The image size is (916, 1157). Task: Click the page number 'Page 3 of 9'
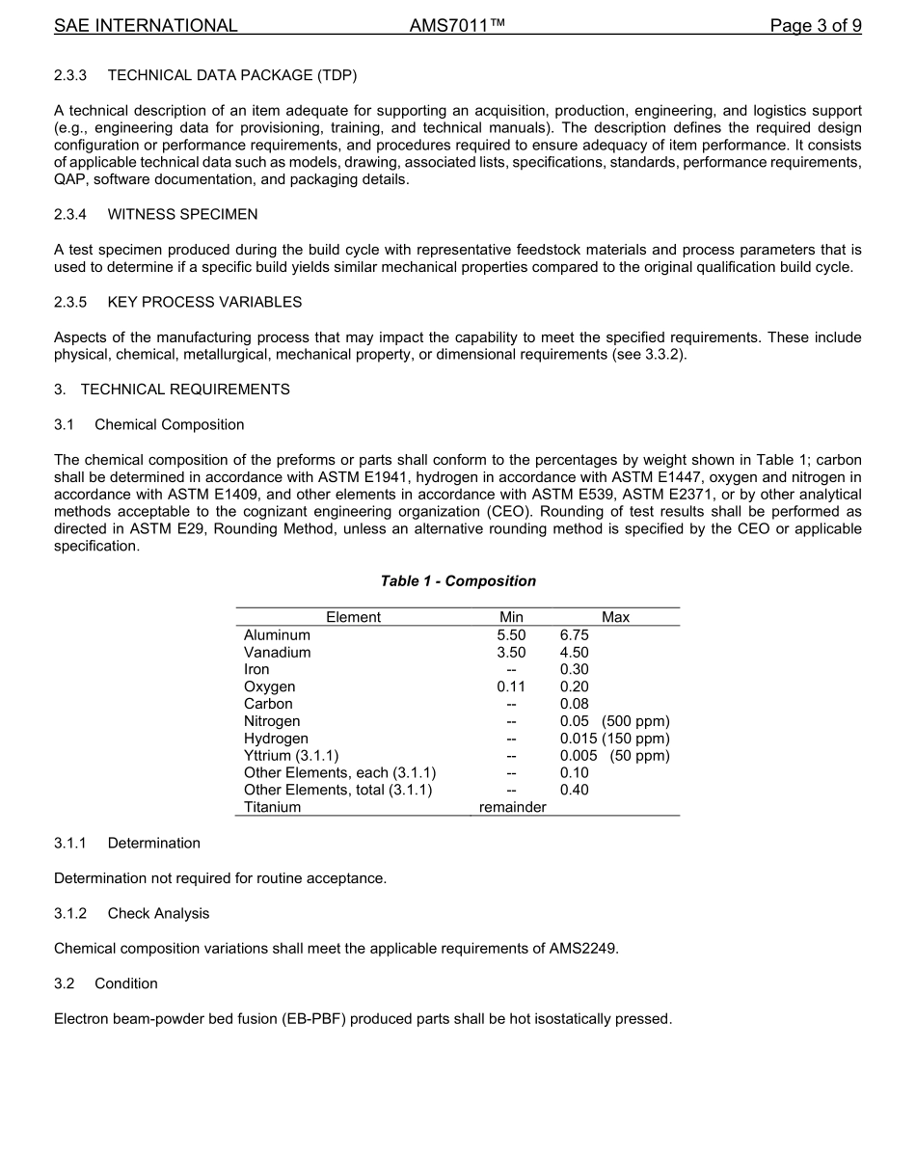(x=815, y=26)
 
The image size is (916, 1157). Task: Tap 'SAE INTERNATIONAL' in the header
(x=146, y=26)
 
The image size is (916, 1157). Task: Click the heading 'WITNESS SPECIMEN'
(x=182, y=214)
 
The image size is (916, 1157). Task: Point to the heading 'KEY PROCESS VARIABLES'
(x=204, y=302)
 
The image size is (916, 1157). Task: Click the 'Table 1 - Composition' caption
(x=458, y=580)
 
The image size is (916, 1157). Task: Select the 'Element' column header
(x=353, y=617)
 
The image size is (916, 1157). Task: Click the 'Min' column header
(x=511, y=617)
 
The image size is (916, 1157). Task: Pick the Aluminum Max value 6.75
(x=574, y=635)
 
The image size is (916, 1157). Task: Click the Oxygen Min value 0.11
(x=511, y=686)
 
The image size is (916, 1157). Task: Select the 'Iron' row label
(x=256, y=669)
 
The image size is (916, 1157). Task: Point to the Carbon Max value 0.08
(x=574, y=704)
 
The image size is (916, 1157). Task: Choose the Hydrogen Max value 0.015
(x=579, y=739)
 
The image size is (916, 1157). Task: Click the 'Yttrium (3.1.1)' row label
(x=291, y=756)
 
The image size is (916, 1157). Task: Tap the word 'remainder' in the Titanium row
(x=512, y=807)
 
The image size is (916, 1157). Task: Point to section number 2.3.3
(x=70, y=75)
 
